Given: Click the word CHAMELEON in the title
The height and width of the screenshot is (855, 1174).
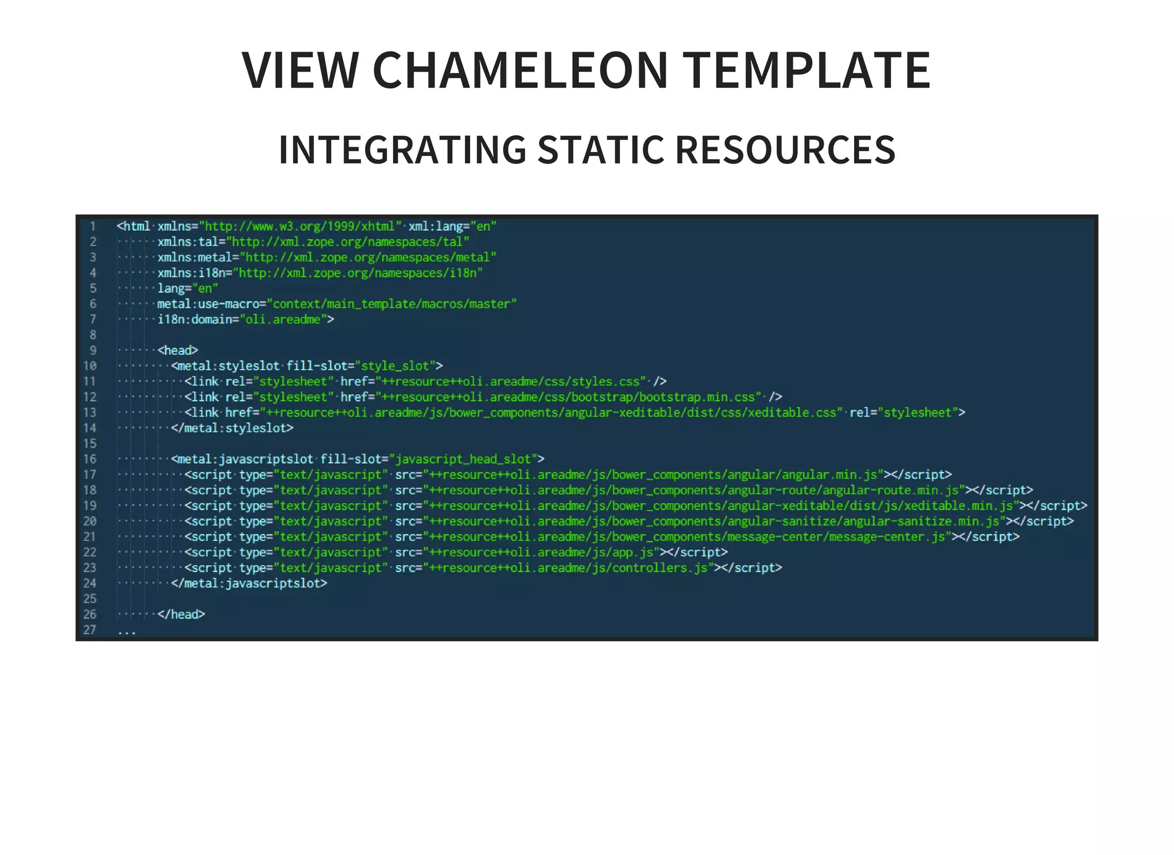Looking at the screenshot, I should coord(520,70).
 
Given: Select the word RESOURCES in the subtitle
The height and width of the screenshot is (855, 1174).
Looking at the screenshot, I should coord(785,150).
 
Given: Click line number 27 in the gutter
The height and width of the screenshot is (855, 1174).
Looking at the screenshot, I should coord(90,630).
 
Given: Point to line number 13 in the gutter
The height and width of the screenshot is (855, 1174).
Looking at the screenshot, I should coord(90,413).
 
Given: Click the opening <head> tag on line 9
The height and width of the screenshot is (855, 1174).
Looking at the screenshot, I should coord(178,350).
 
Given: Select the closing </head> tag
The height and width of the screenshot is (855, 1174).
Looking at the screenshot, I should coord(181,614).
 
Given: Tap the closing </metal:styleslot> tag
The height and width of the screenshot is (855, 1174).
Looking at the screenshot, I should coord(232,428).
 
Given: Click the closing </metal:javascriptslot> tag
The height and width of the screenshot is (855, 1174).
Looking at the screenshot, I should coord(249,583).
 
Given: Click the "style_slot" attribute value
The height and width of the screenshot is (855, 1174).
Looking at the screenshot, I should coord(396,366).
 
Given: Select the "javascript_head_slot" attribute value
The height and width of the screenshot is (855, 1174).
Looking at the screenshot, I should coord(464,459).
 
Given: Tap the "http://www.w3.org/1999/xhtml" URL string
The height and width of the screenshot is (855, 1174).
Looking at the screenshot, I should coord(300,226).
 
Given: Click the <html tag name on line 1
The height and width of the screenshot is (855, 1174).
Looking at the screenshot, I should coord(134,226).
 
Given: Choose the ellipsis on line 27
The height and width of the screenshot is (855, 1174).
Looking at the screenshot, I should coord(126,632).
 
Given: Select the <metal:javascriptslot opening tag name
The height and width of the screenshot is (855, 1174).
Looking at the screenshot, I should coord(242,459).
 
